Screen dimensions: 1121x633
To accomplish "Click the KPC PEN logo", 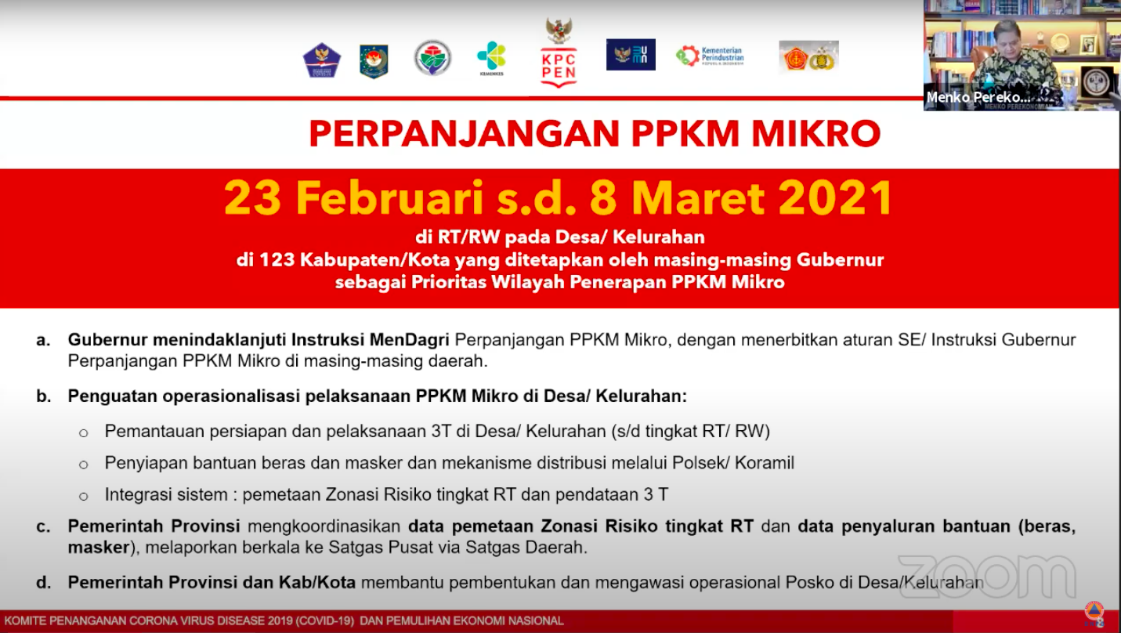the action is point(559,52).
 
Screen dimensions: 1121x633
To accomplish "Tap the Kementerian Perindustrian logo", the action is point(711,56).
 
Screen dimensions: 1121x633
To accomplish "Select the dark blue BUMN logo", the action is point(631,55).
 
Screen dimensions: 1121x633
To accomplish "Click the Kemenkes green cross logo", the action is point(491,58).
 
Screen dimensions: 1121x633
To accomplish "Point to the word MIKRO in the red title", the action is point(815,134).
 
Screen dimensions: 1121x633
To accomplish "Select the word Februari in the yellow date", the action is point(389,198).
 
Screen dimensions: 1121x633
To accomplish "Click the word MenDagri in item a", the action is point(410,340).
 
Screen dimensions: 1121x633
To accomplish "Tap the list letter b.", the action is point(44,396).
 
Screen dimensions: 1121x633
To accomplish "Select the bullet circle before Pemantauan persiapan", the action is point(84,433).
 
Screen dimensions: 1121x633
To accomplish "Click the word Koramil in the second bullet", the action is point(765,463).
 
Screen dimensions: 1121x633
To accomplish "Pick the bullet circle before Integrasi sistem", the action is point(84,497).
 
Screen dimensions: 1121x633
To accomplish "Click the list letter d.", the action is point(43,582).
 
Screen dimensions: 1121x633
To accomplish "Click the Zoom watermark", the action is point(987,576).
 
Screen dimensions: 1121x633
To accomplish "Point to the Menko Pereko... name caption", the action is point(978,97).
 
